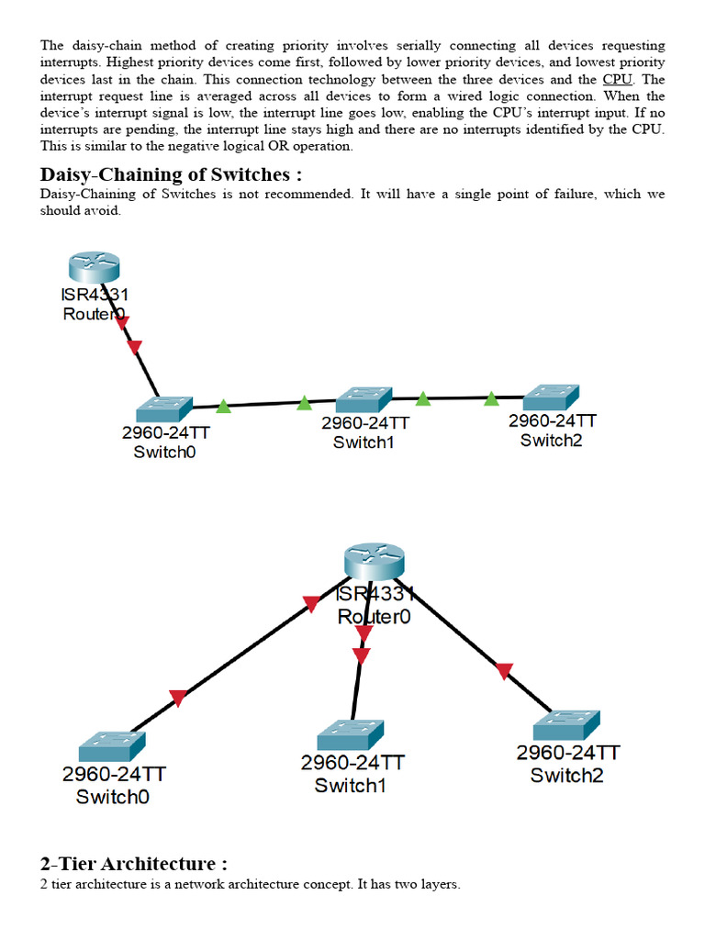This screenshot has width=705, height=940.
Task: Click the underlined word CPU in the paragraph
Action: coord(617,80)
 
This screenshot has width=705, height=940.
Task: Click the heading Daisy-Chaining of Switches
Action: coord(171,174)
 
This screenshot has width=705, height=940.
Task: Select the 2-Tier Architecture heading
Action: coord(133,864)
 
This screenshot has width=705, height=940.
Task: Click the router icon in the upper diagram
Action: coord(95,266)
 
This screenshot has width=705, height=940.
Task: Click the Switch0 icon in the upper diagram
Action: coord(163,409)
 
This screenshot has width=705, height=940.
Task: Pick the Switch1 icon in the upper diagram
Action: coord(364,400)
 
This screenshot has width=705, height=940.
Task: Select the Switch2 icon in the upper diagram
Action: coord(552,397)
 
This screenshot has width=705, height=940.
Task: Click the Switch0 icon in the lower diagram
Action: coord(111,746)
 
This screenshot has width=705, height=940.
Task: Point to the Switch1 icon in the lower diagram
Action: coord(350,735)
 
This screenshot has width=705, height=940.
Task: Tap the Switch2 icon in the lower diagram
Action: coord(566,725)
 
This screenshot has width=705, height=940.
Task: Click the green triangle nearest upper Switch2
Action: coord(492,398)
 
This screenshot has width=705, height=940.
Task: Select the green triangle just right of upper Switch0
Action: coord(223,406)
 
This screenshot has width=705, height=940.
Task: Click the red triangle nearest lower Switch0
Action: coord(178,699)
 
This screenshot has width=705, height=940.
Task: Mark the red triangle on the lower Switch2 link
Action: coord(503,671)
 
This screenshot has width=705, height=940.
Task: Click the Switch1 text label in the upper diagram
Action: coord(364,442)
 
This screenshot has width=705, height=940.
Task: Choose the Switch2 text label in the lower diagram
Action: coord(567,775)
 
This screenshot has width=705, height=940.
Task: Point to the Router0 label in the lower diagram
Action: coord(374,616)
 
